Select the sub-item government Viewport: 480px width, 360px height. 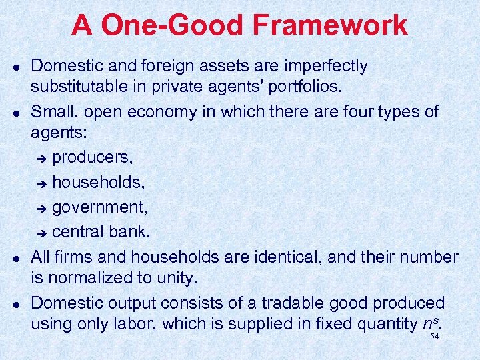100,207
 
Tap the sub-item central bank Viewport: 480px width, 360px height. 101,232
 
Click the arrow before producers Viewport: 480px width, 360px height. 41,158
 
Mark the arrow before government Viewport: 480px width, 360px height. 41,208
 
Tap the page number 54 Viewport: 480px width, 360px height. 435,337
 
